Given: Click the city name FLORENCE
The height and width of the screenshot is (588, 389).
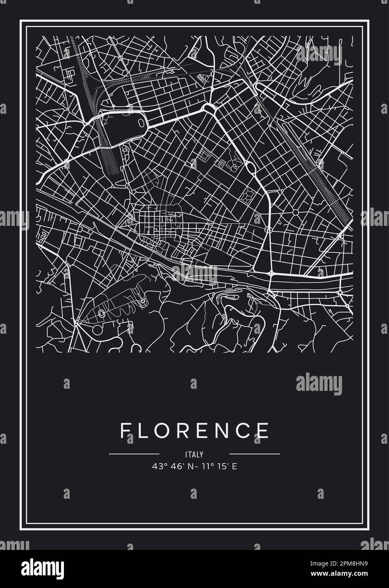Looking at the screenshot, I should click(194, 431).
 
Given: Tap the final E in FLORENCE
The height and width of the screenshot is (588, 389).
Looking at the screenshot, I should click(263, 431).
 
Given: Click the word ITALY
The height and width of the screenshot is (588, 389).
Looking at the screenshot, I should click(194, 455).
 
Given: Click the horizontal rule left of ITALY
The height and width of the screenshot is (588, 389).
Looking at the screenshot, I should click(134, 454).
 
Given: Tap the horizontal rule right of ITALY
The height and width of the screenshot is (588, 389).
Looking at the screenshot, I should click(254, 454).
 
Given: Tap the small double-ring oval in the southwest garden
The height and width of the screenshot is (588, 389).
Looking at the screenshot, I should click(102, 313).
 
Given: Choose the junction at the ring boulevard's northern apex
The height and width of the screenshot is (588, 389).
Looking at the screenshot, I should click(209, 107).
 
